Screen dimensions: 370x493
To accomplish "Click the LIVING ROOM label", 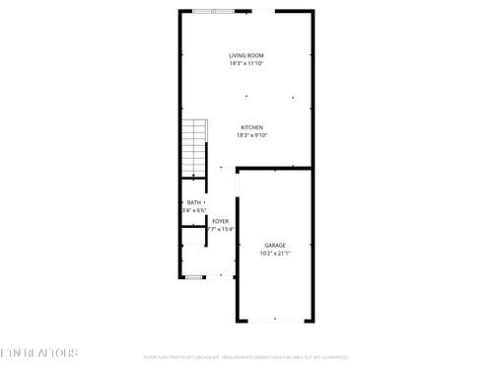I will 246,55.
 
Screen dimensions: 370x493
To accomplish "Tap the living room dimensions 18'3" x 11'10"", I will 246,64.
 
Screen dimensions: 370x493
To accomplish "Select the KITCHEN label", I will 252,127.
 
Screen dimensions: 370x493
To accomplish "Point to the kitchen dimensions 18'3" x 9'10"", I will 252,136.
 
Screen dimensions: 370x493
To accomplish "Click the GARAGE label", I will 275,245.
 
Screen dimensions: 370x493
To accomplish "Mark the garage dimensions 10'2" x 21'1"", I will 275,254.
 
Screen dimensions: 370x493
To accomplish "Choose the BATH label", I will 193,202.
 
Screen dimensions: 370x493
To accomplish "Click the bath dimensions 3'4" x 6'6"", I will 193,211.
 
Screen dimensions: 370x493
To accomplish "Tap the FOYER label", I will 221,221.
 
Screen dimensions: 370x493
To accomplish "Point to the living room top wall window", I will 214,11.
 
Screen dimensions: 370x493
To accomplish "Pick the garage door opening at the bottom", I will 275,321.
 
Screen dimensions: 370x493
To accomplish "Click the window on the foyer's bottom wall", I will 194,277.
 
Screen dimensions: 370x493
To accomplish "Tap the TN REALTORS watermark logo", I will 39,352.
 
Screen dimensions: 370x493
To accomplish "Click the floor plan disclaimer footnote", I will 246,357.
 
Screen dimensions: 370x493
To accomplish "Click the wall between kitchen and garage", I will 275,169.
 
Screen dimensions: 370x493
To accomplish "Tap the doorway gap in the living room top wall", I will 262,11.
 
